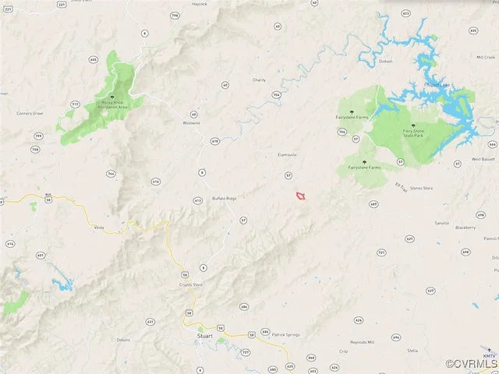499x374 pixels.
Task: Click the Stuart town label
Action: pos(206,336)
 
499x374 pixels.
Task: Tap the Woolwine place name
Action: pos(191,123)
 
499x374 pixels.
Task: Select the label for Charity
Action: pos(260,79)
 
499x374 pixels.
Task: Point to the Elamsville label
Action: pos(288,154)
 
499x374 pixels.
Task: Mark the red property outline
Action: pos(300,196)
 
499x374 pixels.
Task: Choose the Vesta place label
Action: pos(99,228)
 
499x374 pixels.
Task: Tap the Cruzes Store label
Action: pos(192,284)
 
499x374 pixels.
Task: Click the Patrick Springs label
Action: pos(285,334)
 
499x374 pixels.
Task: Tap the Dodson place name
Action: pos(385,61)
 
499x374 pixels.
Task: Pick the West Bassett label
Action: pos(484,159)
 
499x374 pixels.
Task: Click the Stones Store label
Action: pos(422,188)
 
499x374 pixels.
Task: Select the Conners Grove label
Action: pos(30,114)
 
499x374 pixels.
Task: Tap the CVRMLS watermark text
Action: pos(471,364)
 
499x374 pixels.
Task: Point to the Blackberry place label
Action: pos(465,228)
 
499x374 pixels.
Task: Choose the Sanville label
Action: pos(442,223)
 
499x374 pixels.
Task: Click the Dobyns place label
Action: pos(123,340)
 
